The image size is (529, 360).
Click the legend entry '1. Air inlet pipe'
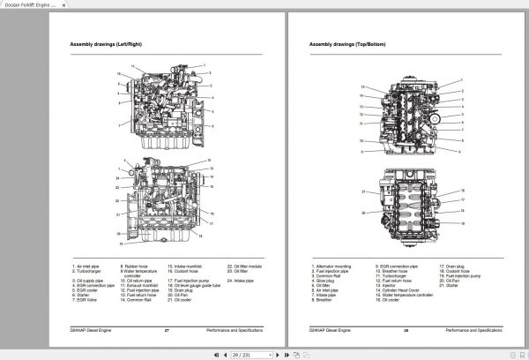[87, 266]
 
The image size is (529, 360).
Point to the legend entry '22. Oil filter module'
[244, 266]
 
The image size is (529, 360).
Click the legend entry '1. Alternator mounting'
[331, 266]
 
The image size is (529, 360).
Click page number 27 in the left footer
[167, 330]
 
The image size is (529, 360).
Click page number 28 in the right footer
[406, 330]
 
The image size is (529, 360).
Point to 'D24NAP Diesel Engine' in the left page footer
[91, 330]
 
